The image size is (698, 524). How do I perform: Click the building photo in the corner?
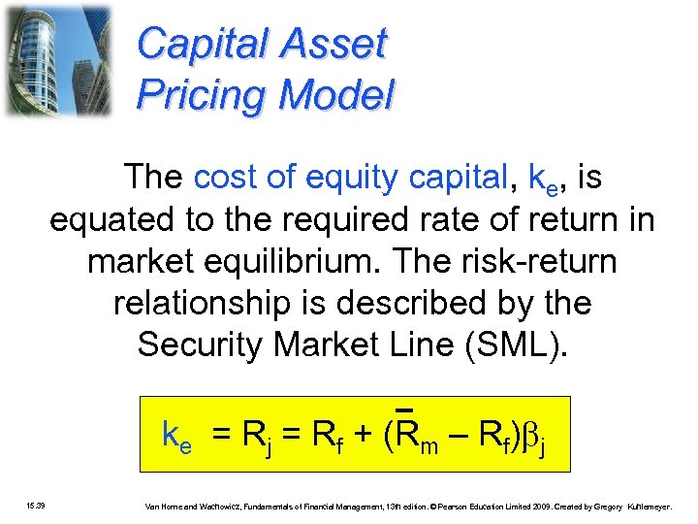57,60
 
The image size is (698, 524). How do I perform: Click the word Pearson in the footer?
459,506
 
